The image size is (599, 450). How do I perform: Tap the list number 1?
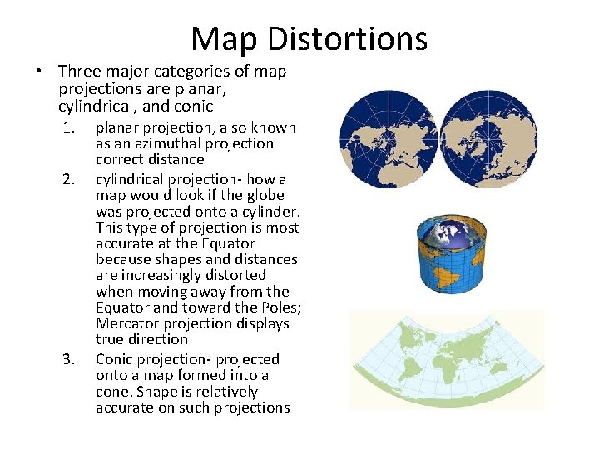[70, 128]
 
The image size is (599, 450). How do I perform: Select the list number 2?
[70, 180]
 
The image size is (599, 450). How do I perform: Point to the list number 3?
[70, 359]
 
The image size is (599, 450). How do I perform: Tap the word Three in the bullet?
[79, 72]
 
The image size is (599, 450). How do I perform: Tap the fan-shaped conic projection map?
[447, 361]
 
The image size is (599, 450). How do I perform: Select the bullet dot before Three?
[39, 72]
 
